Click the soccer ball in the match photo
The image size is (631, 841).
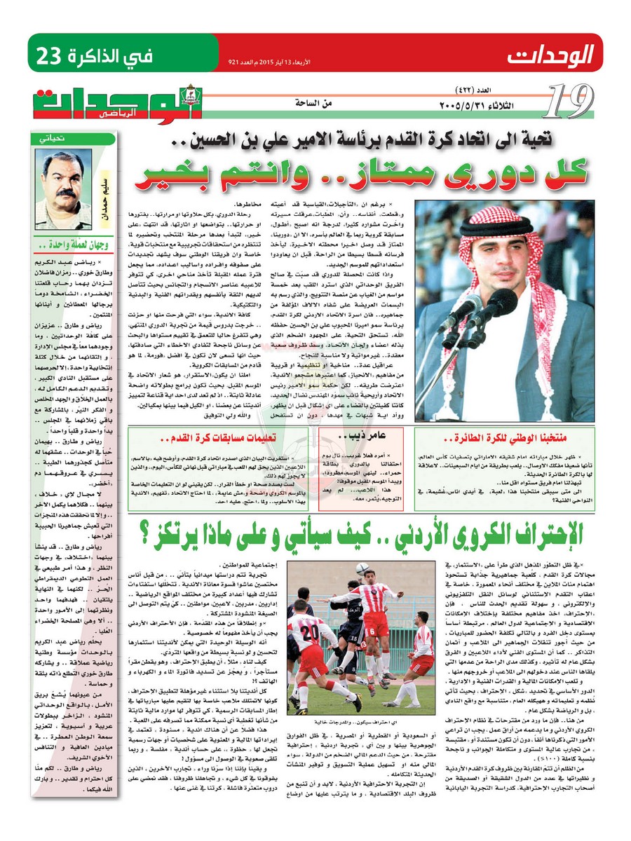(x=362, y=568)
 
